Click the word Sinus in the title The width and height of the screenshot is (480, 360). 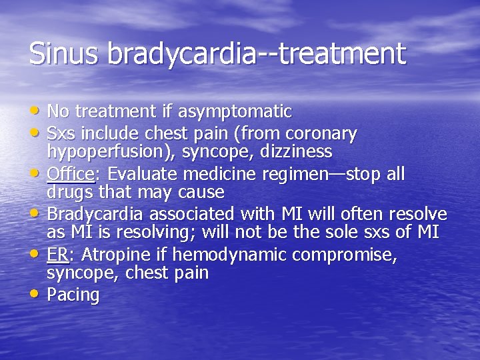coord(64,54)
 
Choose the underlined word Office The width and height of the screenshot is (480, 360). coord(70,174)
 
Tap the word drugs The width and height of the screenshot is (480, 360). coord(69,193)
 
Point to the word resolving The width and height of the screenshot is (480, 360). coord(145,233)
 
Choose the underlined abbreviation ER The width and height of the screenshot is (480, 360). coord(56,255)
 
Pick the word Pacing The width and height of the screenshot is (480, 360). coord(73,295)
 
